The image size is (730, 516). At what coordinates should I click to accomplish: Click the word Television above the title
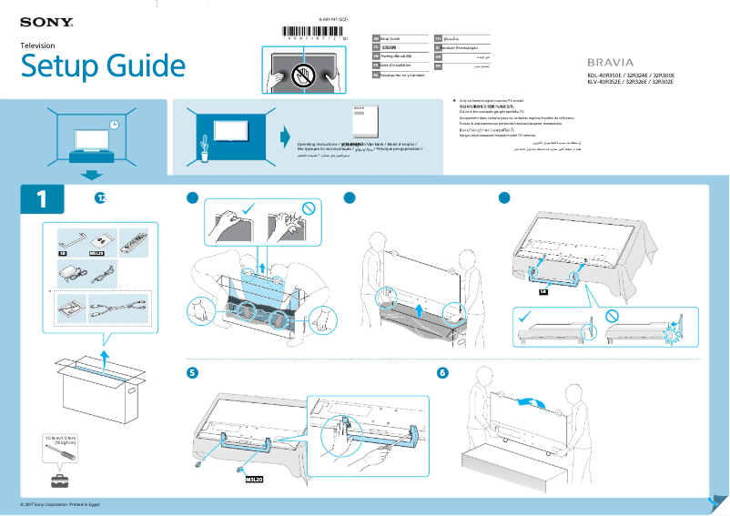pos(38,46)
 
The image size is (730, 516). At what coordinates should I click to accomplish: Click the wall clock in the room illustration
pos(113,125)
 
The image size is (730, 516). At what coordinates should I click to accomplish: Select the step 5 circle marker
pos(192,372)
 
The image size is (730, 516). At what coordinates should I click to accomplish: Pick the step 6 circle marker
pos(442,372)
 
